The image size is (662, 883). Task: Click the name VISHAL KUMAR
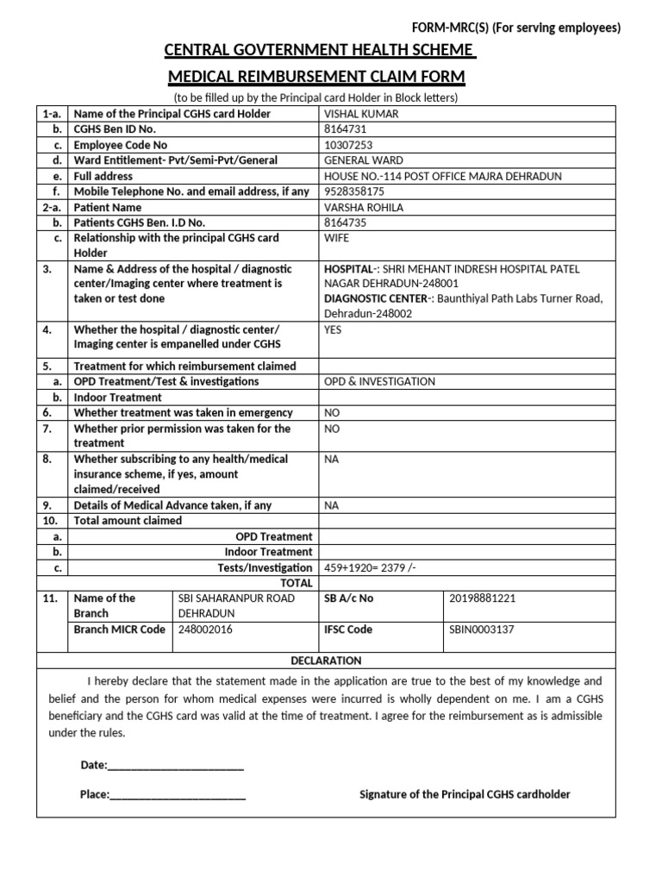pyautogui.click(x=360, y=114)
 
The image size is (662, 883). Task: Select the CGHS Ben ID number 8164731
pyautogui.click(x=343, y=129)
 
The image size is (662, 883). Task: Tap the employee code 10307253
pyautogui.click(x=347, y=145)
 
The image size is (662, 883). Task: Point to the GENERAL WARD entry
pyautogui.click(x=363, y=160)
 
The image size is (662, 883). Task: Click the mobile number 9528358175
pyautogui.click(x=353, y=191)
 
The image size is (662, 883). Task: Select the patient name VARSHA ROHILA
pyautogui.click(x=362, y=208)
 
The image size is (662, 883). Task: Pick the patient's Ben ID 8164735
pyautogui.click(x=343, y=222)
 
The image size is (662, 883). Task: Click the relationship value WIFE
pyautogui.click(x=336, y=237)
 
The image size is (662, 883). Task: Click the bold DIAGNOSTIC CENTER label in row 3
pyautogui.click(x=374, y=298)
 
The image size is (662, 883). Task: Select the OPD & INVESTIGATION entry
pyautogui.click(x=379, y=381)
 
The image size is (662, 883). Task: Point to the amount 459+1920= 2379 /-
pyautogui.click(x=373, y=567)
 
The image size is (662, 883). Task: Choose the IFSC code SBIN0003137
pyautogui.click(x=481, y=629)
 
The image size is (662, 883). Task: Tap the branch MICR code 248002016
pyautogui.click(x=205, y=629)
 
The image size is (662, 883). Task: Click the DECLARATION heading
pyautogui.click(x=326, y=661)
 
